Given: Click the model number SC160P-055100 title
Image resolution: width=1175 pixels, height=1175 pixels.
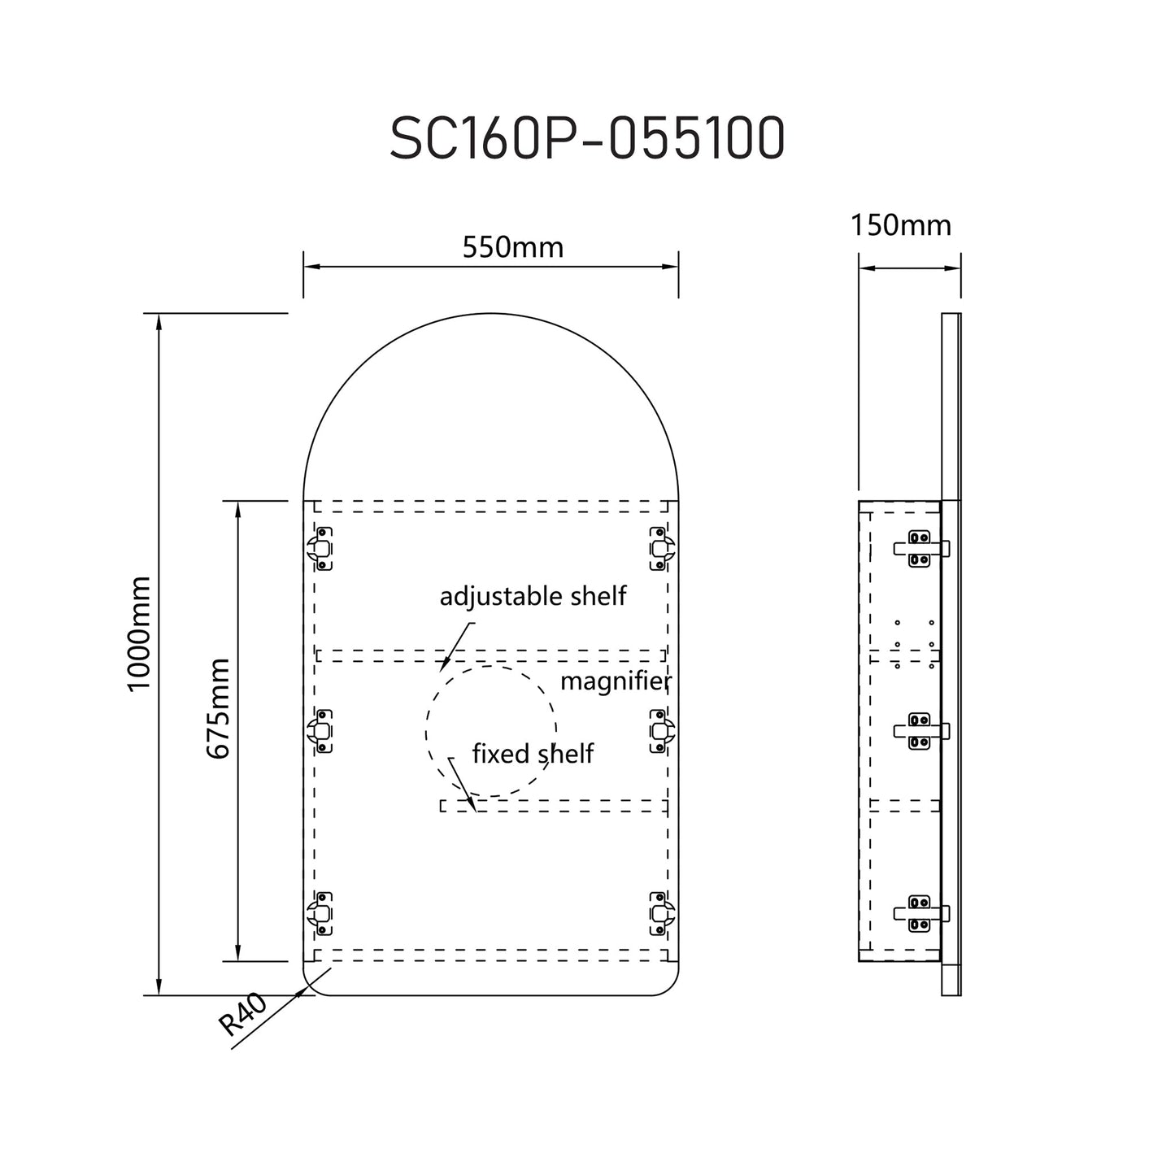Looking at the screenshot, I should click(x=587, y=139).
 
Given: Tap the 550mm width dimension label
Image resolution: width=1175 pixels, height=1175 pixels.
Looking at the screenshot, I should click(x=512, y=246).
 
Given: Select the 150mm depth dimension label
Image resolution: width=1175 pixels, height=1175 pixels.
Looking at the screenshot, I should click(x=901, y=224).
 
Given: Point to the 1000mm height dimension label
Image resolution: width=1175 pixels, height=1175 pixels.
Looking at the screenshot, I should click(x=140, y=633).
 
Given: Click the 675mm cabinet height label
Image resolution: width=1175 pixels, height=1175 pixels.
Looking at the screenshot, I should click(x=218, y=709).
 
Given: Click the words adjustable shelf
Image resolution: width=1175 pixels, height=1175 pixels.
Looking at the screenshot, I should click(x=533, y=596).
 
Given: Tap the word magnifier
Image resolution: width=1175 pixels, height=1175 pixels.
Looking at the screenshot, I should click(x=616, y=681).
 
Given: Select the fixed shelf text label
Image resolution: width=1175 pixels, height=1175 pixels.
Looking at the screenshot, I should click(x=533, y=754).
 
